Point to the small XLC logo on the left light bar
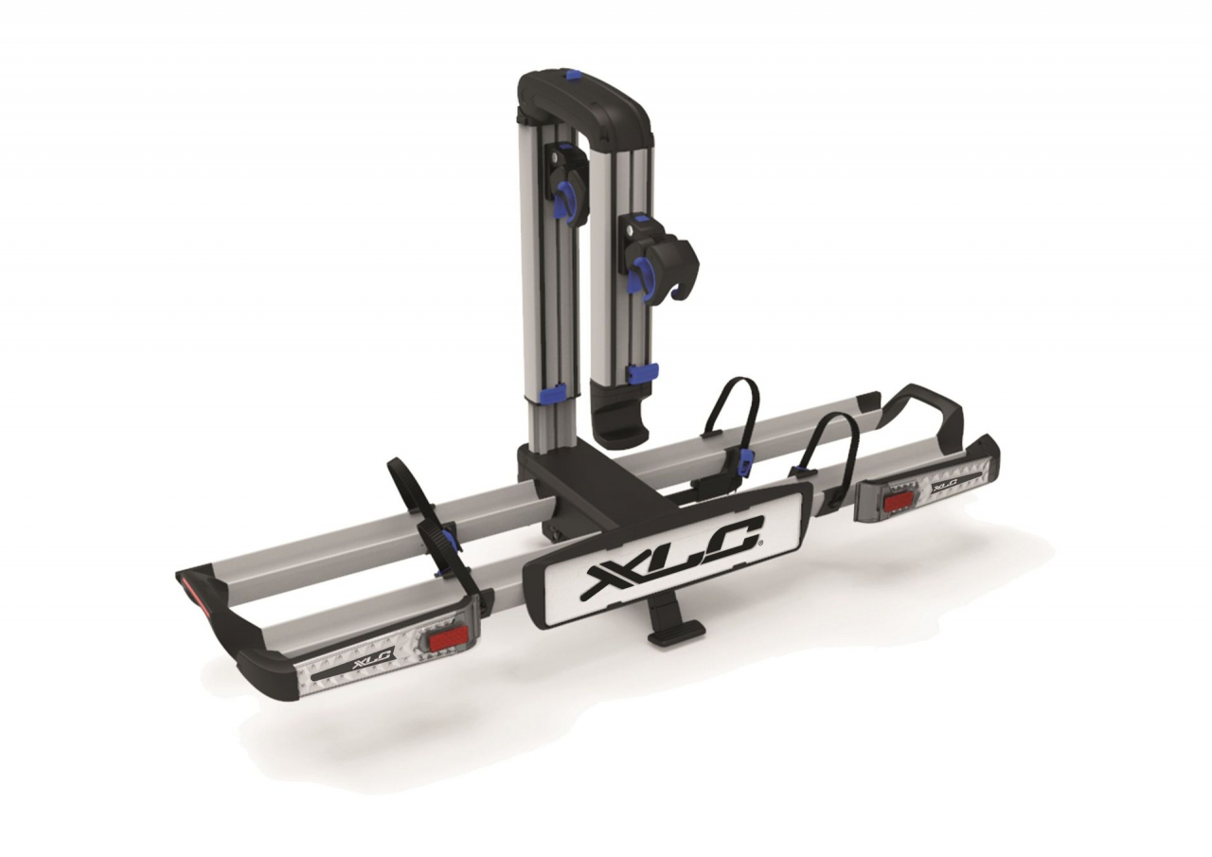pos(371,658)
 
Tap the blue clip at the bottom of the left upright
pos(555,391)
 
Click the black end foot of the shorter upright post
pos(621,426)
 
